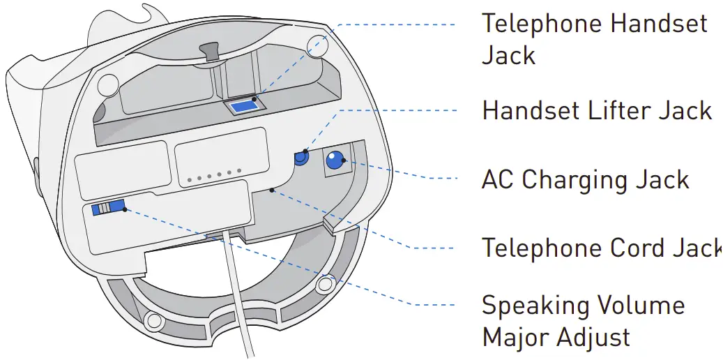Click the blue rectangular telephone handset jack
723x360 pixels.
pyautogui.click(x=244, y=107)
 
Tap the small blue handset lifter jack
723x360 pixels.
pyautogui.click(x=301, y=158)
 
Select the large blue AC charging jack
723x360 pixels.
pyautogui.click(x=335, y=160)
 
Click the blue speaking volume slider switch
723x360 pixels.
pyautogui.click(x=109, y=207)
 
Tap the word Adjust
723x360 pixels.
pyautogui.click(x=593, y=338)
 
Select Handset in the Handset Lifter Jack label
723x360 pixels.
pyautogui.click(x=534, y=110)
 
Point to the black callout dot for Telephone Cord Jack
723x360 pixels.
pyautogui.click(x=271, y=189)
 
